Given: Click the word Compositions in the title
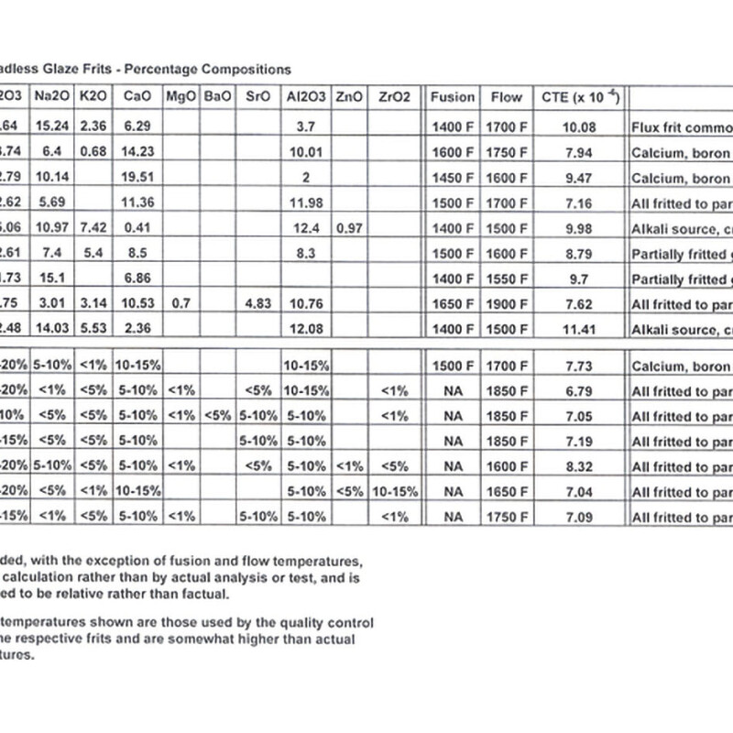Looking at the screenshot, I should [x=246, y=69].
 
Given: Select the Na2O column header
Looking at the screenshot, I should [x=53, y=96].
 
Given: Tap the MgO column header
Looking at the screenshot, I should [x=179, y=96].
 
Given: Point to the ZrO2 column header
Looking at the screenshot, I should [x=395, y=96].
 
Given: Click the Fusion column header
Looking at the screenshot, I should [x=453, y=96].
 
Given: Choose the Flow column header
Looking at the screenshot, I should [x=507, y=96].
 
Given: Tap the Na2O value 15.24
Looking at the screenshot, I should [x=53, y=127].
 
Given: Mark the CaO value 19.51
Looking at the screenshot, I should [x=137, y=178].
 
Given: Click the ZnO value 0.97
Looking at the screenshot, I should [x=349, y=228].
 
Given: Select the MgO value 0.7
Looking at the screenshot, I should [x=179, y=304].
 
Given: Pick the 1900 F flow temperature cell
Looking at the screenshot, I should [x=507, y=304].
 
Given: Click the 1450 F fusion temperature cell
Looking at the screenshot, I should [x=453, y=178].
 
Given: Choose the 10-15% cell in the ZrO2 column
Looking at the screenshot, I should [x=395, y=491].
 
